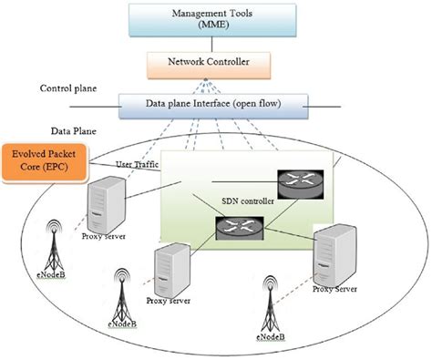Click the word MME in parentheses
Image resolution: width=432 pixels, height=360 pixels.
pyautogui.click(x=215, y=28)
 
